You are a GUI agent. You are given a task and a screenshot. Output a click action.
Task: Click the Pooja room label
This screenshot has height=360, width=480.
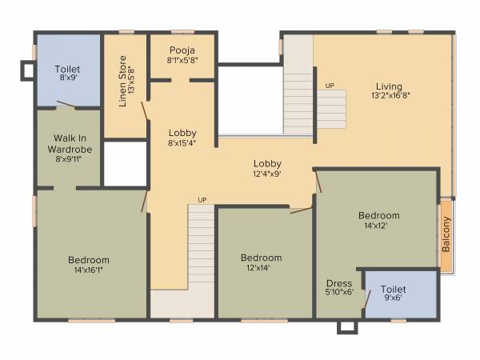pyautogui.click(x=182, y=50)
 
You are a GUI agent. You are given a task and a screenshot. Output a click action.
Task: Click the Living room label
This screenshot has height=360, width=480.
pyautogui.click(x=390, y=86)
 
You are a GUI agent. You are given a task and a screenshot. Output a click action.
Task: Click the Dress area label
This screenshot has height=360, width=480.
pyautogui.click(x=339, y=283)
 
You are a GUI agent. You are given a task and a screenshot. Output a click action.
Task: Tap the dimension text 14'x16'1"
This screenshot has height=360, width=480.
pyautogui.click(x=89, y=270)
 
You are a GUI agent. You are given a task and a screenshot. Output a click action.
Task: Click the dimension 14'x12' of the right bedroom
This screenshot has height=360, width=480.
pyautogui.click(x=378, y=226)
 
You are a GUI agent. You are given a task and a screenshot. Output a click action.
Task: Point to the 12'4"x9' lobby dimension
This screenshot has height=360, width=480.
pyautogui.click(x=268, y=173)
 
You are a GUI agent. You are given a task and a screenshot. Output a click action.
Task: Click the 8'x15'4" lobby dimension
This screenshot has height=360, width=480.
pyautogui.click(x=182, y=143)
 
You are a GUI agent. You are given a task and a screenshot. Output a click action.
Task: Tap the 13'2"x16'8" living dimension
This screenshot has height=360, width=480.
pyautogui.click(x=390, y=96)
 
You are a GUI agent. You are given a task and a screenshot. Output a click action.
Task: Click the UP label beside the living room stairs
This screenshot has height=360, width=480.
pyautogui.click(x=330, y=85)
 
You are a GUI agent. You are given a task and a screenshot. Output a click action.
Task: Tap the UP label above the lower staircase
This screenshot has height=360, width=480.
pyautogui.click(x=202, y=200)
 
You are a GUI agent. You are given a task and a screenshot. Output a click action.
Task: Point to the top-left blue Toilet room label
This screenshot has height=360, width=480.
pyautogui.click(x=67, y=70)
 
